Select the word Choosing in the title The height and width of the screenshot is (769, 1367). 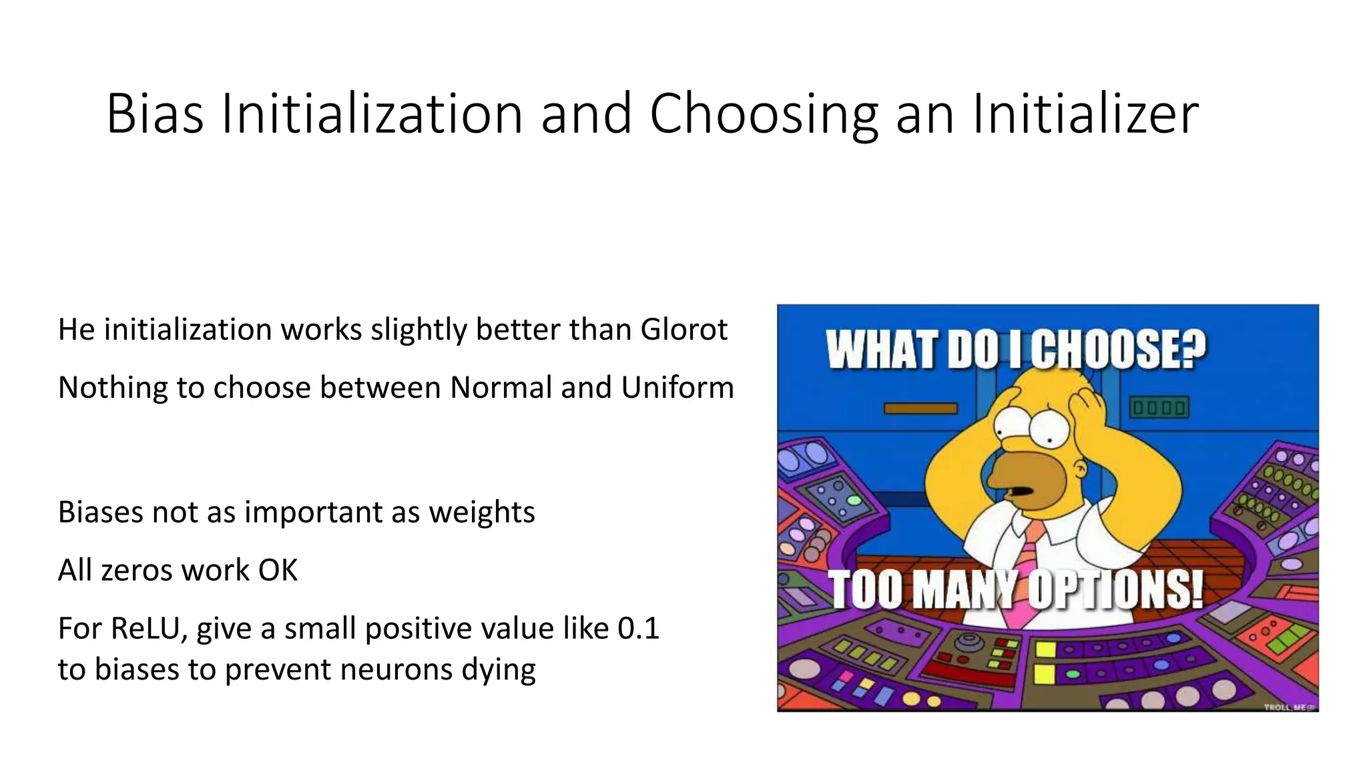click(764, 115)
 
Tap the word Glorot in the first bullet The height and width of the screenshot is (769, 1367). click(683, 329)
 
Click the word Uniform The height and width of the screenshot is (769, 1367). click(677, 387)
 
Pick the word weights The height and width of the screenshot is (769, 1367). click(481, 512)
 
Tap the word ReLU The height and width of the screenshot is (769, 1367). click(149, 628)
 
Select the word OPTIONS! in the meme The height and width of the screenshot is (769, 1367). click(1115, 589)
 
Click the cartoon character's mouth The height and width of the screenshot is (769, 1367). click(1021, 491)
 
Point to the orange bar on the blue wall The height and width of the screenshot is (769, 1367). click(920, 408)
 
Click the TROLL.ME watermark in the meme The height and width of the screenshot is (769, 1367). click(1290, 707)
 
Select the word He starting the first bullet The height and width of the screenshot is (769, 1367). click(76, 329)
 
